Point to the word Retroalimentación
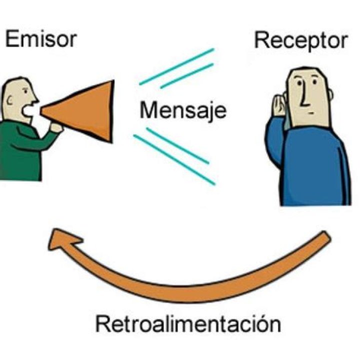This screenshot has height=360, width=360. [x=187, y=324]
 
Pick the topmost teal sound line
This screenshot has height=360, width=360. [x=177, y=65]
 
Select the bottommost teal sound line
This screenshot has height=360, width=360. [x=175, y=159]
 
